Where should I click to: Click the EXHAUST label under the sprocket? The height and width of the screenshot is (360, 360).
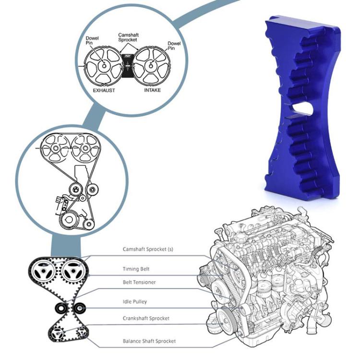(104, 90)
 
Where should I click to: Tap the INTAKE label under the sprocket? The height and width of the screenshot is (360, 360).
(152, 90)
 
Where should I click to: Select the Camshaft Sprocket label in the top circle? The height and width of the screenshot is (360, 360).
(128, 37)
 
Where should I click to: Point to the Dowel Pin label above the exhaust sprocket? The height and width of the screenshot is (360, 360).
(92, 41)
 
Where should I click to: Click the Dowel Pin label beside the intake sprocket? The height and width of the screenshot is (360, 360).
(174, 46)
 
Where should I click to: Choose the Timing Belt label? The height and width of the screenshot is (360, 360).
(136, 269)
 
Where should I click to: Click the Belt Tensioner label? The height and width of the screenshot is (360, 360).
(139, 282)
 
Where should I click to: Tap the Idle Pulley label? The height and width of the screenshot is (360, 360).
(135, 301)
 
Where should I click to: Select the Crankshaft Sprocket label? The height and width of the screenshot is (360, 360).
(146, 318)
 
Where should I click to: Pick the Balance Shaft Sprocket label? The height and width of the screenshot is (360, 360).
(149, 341)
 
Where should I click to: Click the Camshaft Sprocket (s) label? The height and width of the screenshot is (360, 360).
(148, 249)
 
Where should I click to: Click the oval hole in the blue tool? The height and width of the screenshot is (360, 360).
(300, 108)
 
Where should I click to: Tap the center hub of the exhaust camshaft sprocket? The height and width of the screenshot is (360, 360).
(104, 66)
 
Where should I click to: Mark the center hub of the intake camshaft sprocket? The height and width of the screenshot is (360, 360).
(151, 66)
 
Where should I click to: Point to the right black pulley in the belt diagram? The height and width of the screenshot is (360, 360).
(79, 308)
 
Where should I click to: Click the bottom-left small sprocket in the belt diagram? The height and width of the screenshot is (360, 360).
(57, 334)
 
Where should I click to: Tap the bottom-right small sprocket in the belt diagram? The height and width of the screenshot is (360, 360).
(81, 332)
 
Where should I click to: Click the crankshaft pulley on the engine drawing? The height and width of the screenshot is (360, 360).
(226, 319)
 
